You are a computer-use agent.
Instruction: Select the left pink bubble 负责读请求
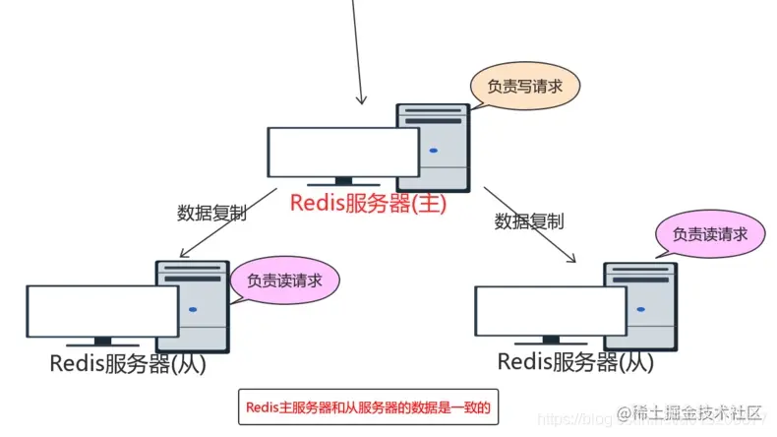pyautogui.click(x=285, y=280)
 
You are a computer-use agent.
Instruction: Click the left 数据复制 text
pyautogui.click(x=210, y=212)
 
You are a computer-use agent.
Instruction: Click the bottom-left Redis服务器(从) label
pyautogui.click(x=128, y=363)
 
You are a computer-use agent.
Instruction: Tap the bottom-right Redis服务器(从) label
pyautogui.click(x=575, y=361)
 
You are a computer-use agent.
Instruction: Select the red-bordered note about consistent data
pyautogui.click(x=365, y=406)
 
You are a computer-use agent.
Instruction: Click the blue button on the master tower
pyautogui.click(x=433, y=152)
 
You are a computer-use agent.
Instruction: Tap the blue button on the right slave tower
pyautogui.click(x=641, y=308)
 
